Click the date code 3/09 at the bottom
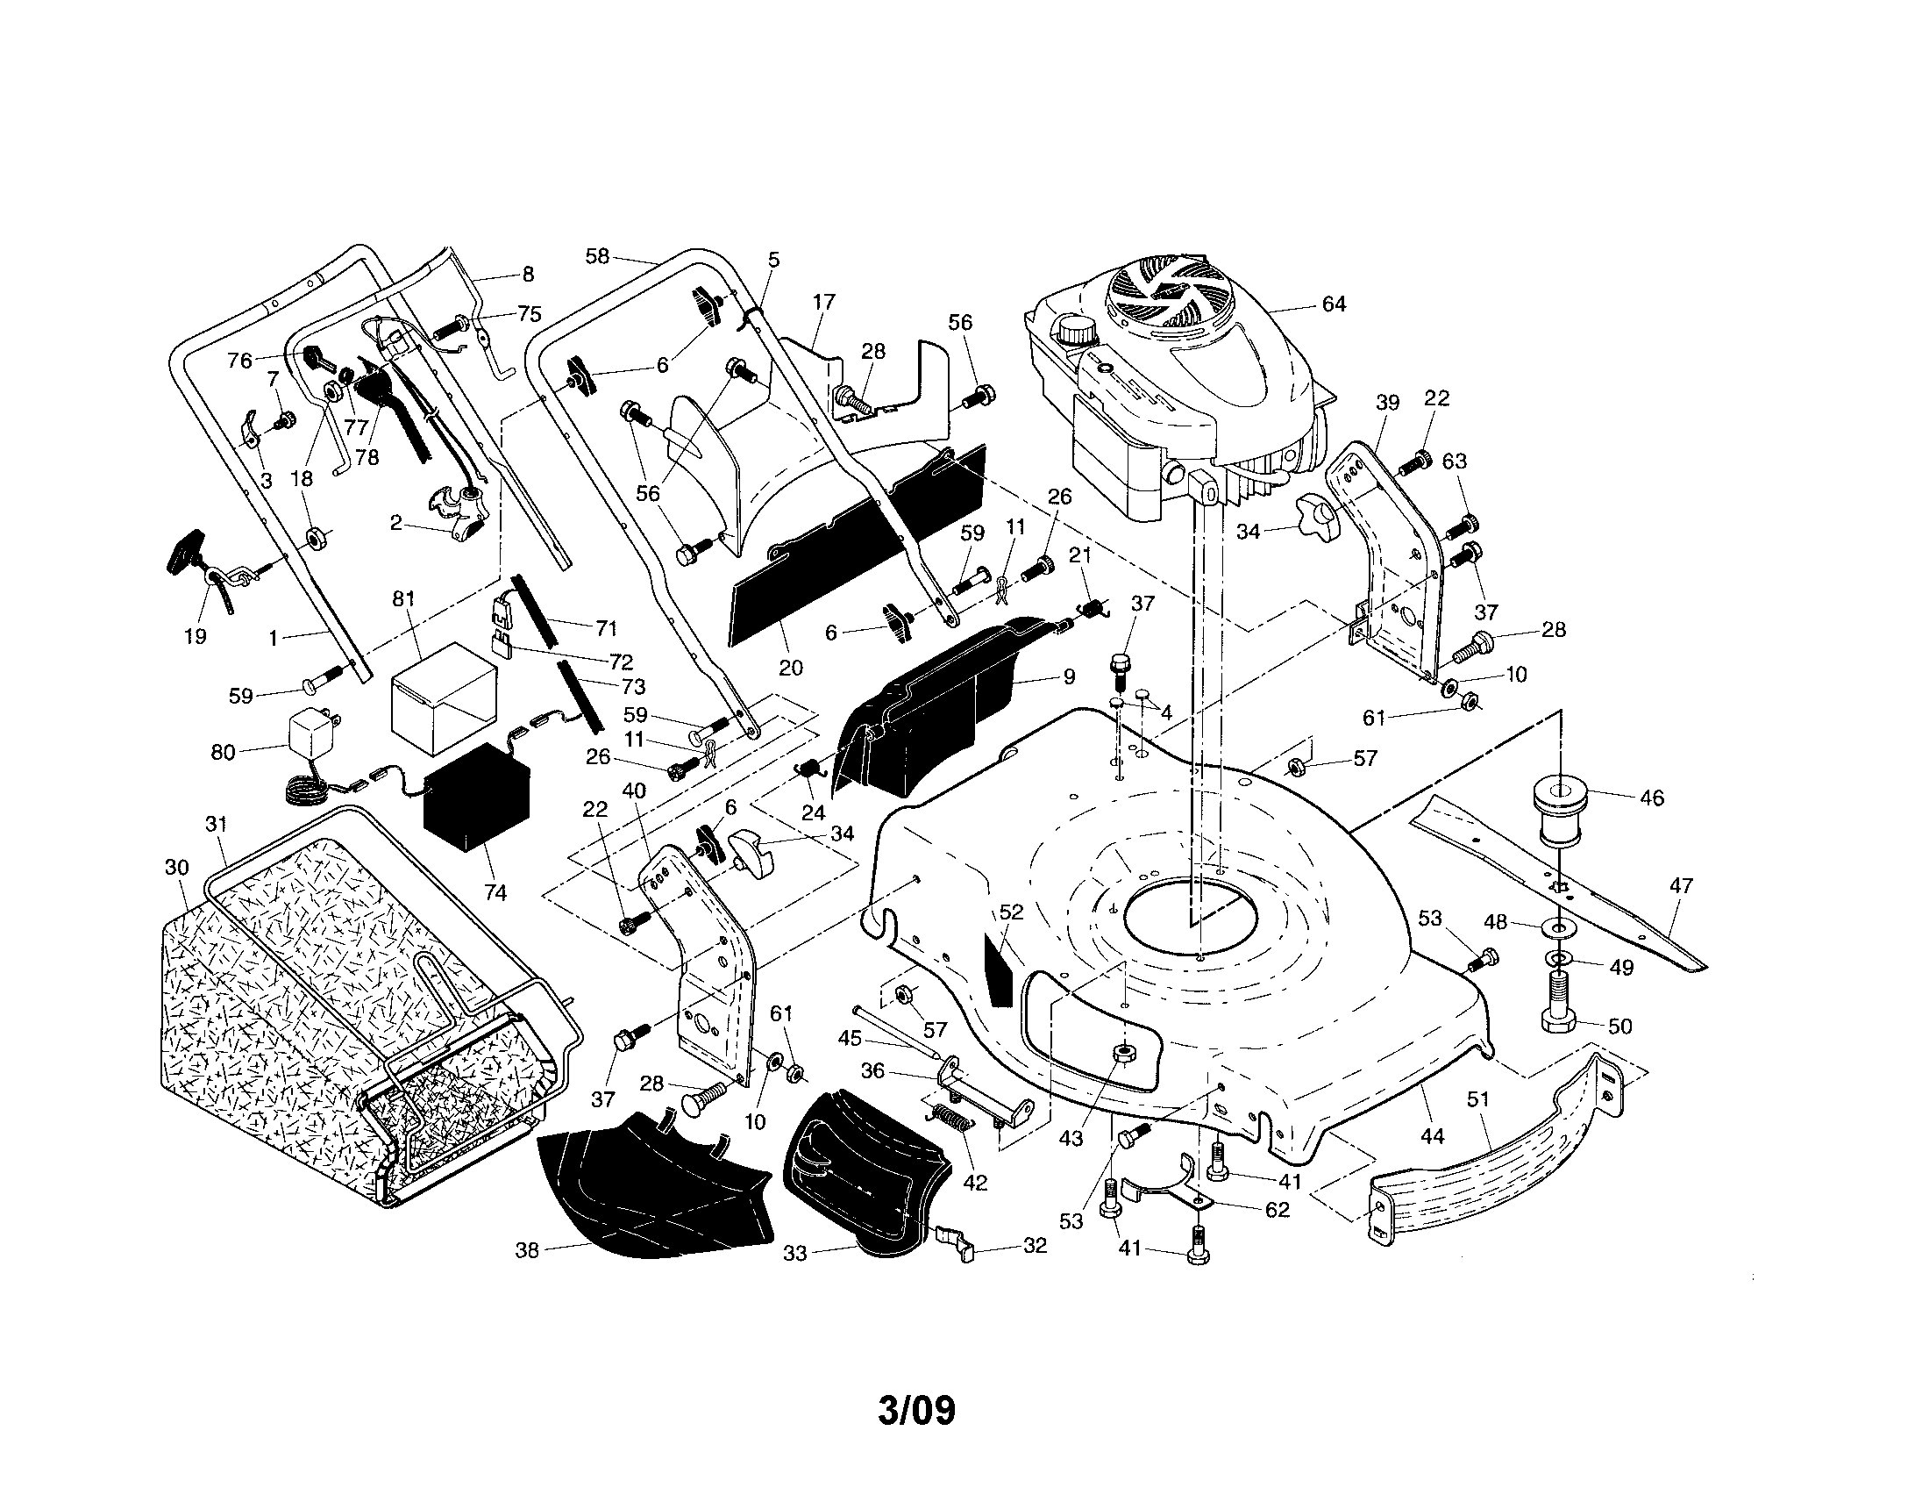point(916,1411)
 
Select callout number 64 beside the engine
point(1334,304)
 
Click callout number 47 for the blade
point(1682,885)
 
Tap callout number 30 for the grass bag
point(176,868)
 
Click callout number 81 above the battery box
point(402,599)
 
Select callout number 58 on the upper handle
point(597,256)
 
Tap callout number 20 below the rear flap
point(791,667)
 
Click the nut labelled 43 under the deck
point(1122,1052)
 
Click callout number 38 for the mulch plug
point(526,1250)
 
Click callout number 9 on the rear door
point(1069,676)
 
